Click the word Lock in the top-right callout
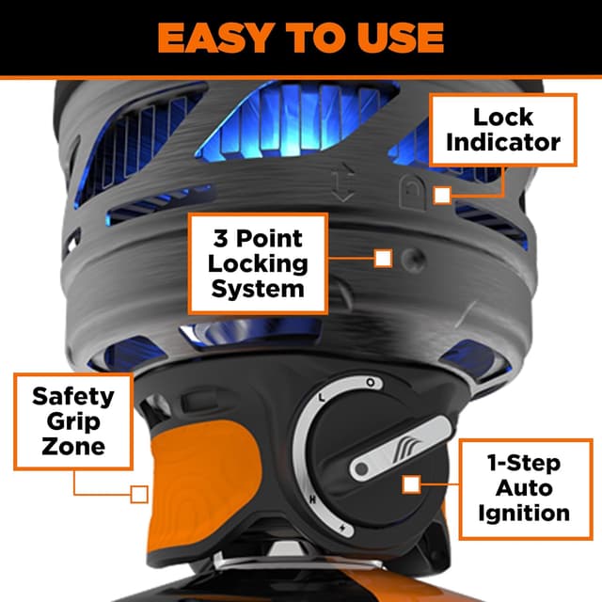coord(502,118)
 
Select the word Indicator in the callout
coord(502,142)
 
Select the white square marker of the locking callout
coord(382,258)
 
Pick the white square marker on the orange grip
coord(140,493)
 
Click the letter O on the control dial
coord(371,384)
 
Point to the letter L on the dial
coord(322,398)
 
